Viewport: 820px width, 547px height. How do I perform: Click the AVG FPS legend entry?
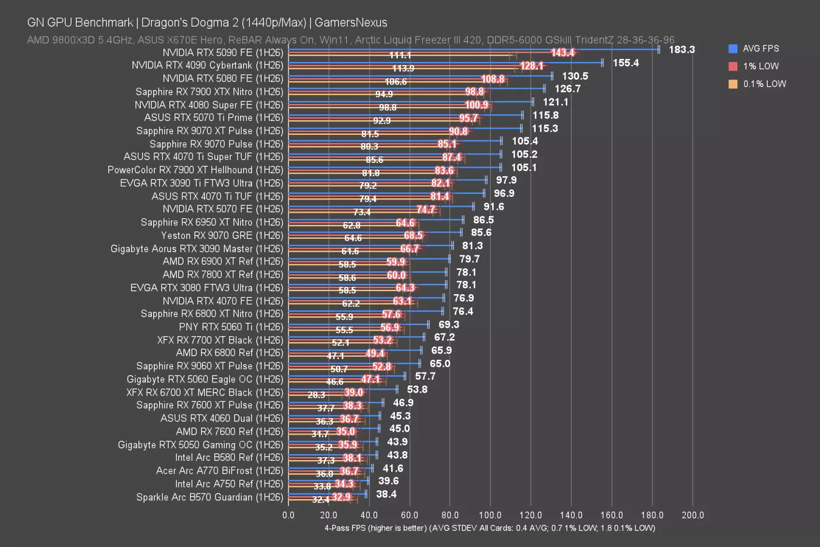(760, 49)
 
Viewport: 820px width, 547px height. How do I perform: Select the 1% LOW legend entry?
(760, 66)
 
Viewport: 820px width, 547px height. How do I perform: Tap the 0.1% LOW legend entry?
(764, 84)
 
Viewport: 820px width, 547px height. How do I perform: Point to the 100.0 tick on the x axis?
(490, 515)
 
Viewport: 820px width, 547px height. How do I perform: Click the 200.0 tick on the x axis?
(693, 515)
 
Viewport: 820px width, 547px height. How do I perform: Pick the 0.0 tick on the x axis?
(289, 515)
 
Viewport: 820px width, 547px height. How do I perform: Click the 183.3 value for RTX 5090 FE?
(682, 50)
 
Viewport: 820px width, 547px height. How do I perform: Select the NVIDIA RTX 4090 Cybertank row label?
(207, 65)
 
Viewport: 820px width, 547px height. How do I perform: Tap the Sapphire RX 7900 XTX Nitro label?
(209, 92)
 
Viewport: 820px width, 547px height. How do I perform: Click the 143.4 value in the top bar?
(562, 53)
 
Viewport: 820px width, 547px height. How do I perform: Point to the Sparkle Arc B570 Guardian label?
(210, 497)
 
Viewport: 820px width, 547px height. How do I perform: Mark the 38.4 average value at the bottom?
(386, 494)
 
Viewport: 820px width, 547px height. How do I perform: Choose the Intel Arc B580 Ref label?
(229, 458)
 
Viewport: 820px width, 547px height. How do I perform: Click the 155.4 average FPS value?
(626, 63)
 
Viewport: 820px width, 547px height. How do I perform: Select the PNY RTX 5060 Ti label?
(231, 327)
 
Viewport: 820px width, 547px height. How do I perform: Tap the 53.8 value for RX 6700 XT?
(417, 390)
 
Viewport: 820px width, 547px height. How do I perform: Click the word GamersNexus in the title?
(351, 22)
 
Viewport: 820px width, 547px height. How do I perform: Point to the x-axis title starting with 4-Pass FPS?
(490, 528)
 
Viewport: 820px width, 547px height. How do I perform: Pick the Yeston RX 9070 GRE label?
(222, 235)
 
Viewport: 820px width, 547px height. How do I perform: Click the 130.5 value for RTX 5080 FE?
(575, 77)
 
